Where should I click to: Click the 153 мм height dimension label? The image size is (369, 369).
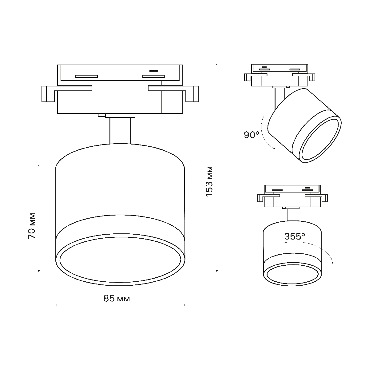(x=209, y=182)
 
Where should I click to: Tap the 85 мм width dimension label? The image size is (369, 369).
(x=117, y=298)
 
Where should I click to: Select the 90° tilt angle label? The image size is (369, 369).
(x=252, y=135)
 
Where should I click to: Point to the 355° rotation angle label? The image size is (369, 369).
(x=295, y=236)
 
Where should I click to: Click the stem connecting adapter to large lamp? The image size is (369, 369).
(x=120, y=131)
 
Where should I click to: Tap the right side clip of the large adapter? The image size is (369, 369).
(x=192, y=94)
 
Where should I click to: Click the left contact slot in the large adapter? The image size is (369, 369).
(x=86, y=76)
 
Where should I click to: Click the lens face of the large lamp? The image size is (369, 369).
(x=120, y=259)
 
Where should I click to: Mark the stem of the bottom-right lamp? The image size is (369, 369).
(x=292, y=214)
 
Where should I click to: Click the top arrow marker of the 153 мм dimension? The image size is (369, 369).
(x=217, y=65)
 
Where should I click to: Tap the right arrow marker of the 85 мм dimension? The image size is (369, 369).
(x=185, y=305)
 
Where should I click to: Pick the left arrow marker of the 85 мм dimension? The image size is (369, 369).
(x=55, y=305)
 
